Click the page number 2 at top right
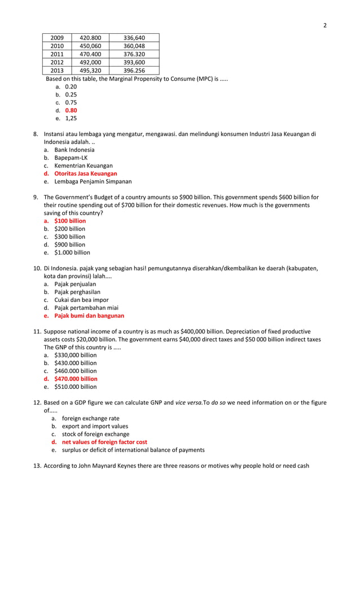pos(324,25)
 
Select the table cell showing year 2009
pos(57,38)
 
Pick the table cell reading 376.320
pos(134,54)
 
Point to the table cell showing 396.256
pos(134,71)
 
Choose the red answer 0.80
pos(71,111)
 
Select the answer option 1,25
pos(71,118)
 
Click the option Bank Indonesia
pos(74,150)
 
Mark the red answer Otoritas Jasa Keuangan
pos(85,174)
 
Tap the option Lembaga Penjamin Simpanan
pos(93,182)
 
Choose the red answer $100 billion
pos(70,221)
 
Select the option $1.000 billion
pos(72,253)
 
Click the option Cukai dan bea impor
pos(81,300)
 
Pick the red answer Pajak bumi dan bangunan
pos(89,316)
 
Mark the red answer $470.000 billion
pos(76,379)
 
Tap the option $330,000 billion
pos(75,355)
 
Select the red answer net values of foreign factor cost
pos(104,442)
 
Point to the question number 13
pos(37,465)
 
